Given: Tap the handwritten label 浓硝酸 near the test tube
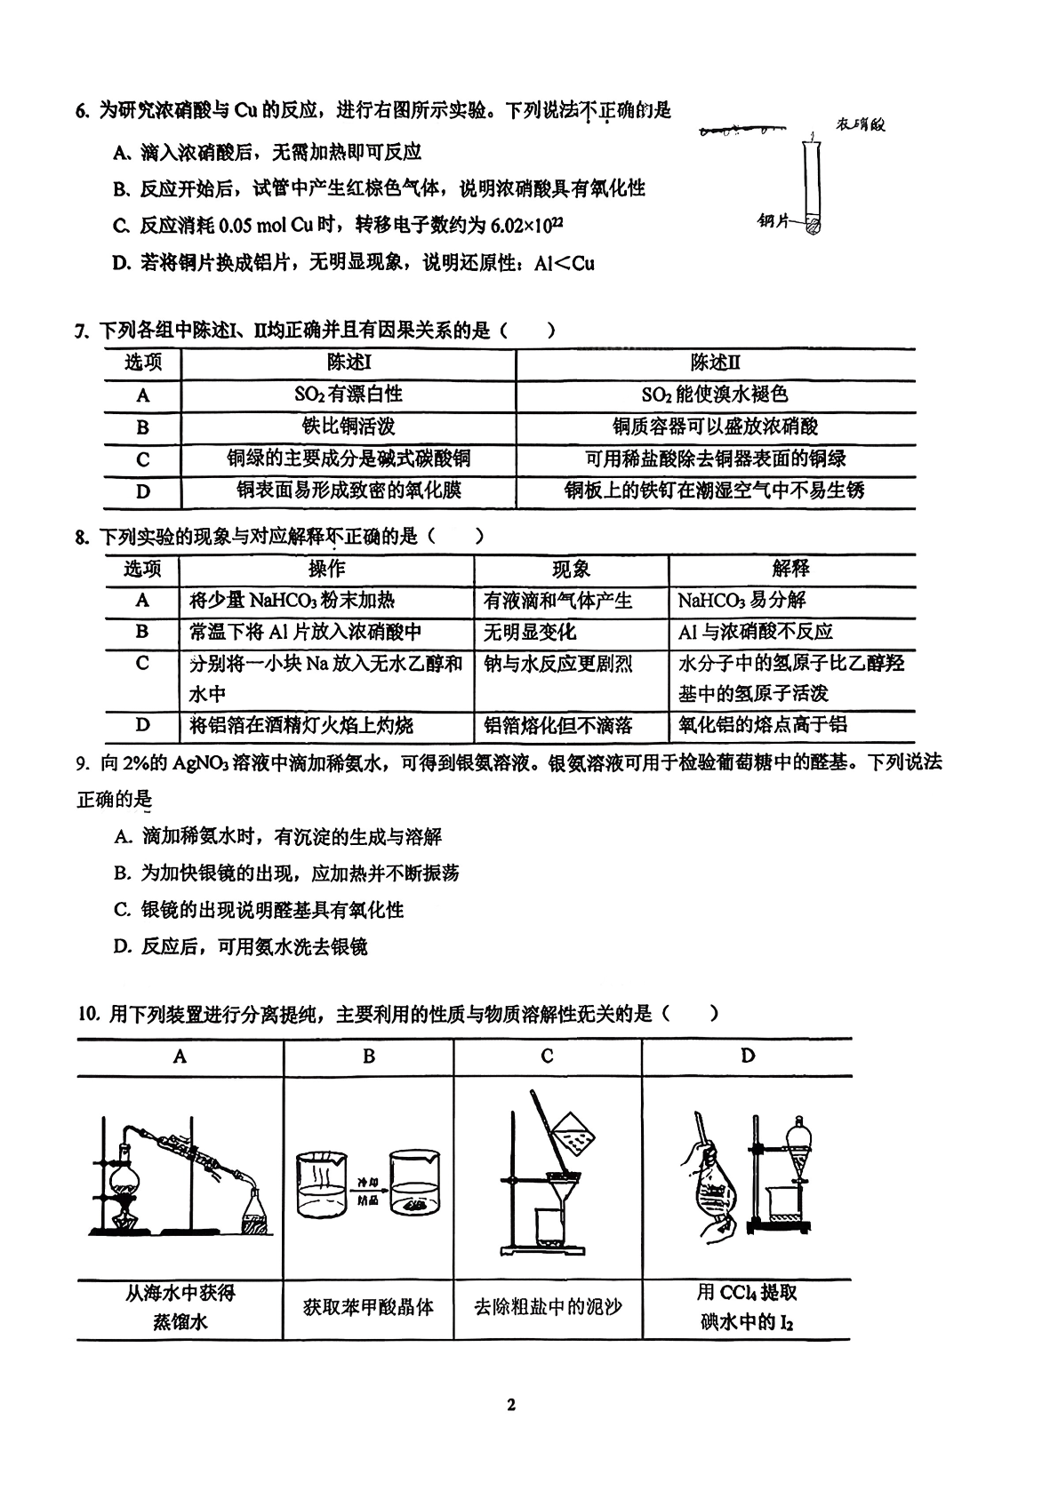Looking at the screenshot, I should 860,125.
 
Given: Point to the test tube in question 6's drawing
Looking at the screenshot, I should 811,182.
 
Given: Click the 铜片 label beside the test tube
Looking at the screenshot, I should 773,221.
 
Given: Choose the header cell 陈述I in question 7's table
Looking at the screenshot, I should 349,363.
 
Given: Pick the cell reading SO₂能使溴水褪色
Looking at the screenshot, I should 715,395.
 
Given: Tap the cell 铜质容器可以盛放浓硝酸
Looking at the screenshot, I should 715,427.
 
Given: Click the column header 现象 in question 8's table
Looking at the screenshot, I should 571,570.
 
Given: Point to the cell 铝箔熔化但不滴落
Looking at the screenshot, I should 557,726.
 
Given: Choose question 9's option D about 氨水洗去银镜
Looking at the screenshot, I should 241,947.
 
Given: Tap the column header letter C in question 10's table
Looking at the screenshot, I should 547,1056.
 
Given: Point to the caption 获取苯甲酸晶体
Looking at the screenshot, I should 368,1307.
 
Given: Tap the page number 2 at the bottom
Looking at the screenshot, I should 510,1405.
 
